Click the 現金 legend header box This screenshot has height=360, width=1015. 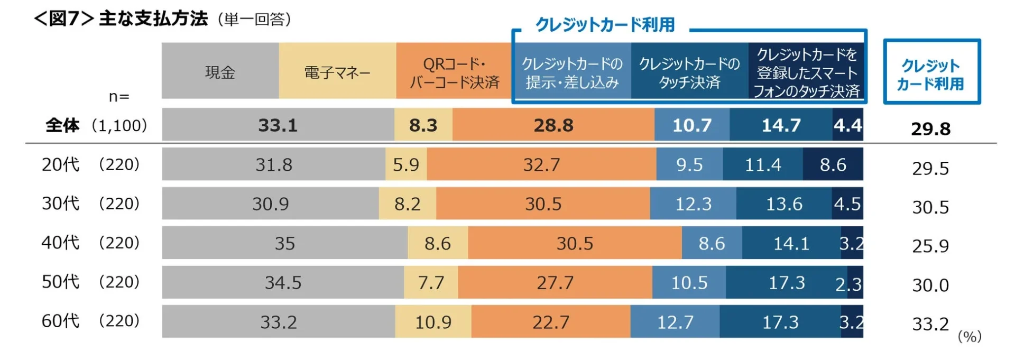(x=220, y=71)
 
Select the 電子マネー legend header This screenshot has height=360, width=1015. (x=337, y=71)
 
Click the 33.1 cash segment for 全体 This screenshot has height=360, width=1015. (x=278, y=125)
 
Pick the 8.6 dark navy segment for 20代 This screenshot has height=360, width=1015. (x=833, y=164)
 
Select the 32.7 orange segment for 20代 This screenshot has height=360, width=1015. (x=541, y=164)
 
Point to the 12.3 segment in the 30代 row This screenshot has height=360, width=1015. (x=693, y=204)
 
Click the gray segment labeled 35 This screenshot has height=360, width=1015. (x=284, y=243)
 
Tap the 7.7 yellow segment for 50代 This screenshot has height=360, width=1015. (x=431, y=282)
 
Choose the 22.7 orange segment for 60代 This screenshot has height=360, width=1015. (x=550, y=321)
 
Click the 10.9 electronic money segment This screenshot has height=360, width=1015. (x=433, y=321)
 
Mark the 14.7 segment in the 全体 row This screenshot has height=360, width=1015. (x=781, y=125)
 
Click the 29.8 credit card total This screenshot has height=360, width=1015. (x=930, y=128)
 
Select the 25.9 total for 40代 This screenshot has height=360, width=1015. (x=930, y=246)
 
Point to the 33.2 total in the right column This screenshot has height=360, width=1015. (x=930, y=324)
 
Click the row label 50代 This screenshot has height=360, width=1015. (x=60, y=282)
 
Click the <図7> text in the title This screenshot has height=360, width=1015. (x=63, y=19)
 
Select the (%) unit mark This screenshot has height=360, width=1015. (x=970, y=336)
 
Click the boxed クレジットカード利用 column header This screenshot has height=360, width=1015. (x=931, y=72)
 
